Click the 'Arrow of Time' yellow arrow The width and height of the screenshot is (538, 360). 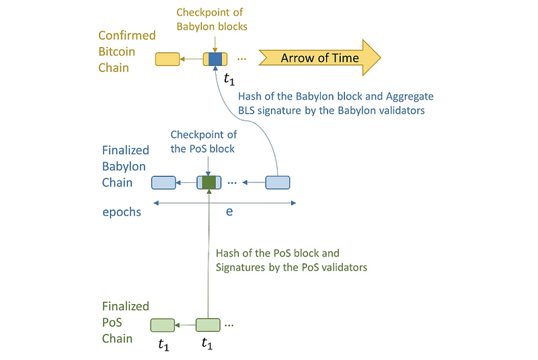tap(319, 59)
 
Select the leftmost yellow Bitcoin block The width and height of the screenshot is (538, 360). tap(167, 59)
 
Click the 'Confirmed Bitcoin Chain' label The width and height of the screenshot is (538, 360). tap(127, 51)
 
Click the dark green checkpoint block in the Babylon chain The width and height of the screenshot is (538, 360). tap(209, 182)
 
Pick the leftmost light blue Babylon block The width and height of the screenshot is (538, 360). tap(163, 182)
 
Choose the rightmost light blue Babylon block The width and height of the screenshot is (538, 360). tap(278, 182)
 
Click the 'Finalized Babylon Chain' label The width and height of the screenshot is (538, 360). tap(126, 167)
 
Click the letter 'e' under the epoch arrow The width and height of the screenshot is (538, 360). tap(229, 211)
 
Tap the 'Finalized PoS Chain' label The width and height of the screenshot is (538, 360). tap(126, 322)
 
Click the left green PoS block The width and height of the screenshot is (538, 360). tap(162, 325)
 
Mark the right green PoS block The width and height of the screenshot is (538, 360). tap(208, 325)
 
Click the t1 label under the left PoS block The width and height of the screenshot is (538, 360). tap(163, 345)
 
